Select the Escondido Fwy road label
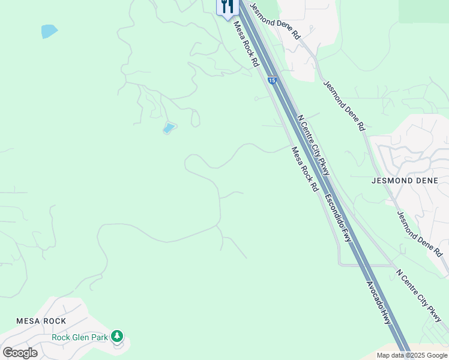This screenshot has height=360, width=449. (339, 217)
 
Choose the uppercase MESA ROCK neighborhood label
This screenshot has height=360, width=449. (41, 321)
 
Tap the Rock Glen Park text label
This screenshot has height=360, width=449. (80, 337)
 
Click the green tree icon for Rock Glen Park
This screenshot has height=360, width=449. (118, 336)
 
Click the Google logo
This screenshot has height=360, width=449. (20, 352)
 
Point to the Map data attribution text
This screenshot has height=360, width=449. (412, 355)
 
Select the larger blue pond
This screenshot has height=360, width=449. (49, 31)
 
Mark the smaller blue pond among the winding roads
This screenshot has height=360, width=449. (169, 128)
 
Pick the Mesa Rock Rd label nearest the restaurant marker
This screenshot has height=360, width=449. (246, 43)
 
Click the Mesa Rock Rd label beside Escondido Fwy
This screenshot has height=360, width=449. (305, 169)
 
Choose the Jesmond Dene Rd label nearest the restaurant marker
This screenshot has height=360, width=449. (274, 20)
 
